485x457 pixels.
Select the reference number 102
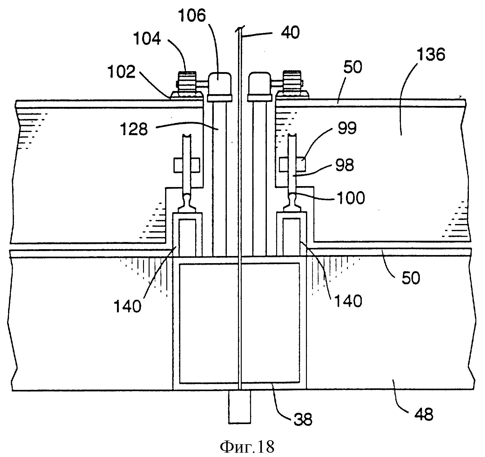[122, 72]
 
